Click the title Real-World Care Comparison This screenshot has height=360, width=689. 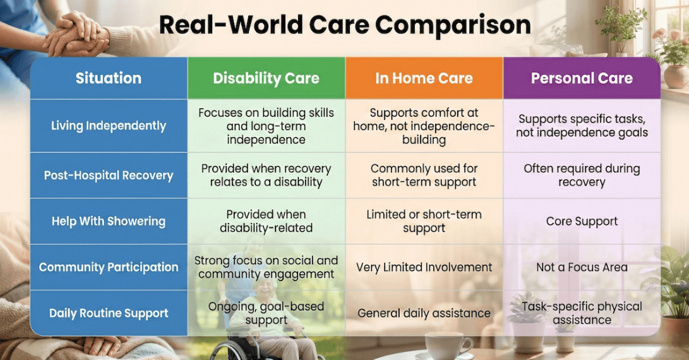point(344,25)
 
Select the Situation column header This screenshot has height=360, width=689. point(109,78)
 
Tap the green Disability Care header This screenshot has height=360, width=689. point(266,78)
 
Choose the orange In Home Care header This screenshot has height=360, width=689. point(424,78)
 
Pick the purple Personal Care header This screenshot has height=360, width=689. point(582,78)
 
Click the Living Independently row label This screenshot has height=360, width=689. point(109,126)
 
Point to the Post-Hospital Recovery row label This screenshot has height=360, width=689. point(109,176)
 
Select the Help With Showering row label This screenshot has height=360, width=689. point(109,222)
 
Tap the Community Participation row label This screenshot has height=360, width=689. point(109,267)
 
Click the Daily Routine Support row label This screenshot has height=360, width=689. point(109,313)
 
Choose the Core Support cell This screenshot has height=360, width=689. point(582,222)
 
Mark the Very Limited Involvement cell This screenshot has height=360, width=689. point(424,267)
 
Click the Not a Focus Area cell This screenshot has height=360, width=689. point(582,267)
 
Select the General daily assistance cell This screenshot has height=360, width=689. point(424,313)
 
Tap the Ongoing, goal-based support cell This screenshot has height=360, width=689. point(266,313)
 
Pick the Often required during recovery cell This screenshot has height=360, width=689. point(582,176)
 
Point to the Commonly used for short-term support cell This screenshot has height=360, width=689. point(424,176)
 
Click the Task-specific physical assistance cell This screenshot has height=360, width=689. point(582,313)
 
